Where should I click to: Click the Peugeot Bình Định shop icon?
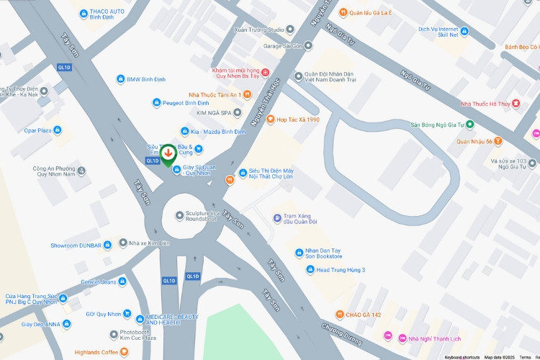pos(156,103)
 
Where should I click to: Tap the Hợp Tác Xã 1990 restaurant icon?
pos(270,120)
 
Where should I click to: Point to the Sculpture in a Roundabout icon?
pos(179,216)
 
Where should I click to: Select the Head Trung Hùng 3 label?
pos(341,270)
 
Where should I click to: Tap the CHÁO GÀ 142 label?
pos(363,315)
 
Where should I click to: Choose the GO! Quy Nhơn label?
pos(103,314)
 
